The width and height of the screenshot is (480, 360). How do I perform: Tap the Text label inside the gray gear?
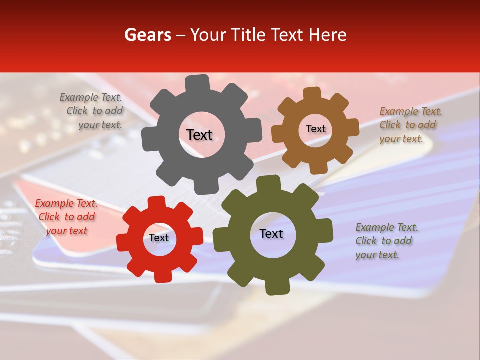199,135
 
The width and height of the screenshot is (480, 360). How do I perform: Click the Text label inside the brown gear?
315,129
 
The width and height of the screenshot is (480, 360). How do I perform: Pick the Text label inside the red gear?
159,238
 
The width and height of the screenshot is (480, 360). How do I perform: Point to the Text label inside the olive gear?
271,234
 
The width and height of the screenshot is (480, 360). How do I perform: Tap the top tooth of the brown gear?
312,94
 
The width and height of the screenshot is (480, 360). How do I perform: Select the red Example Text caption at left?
66,217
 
